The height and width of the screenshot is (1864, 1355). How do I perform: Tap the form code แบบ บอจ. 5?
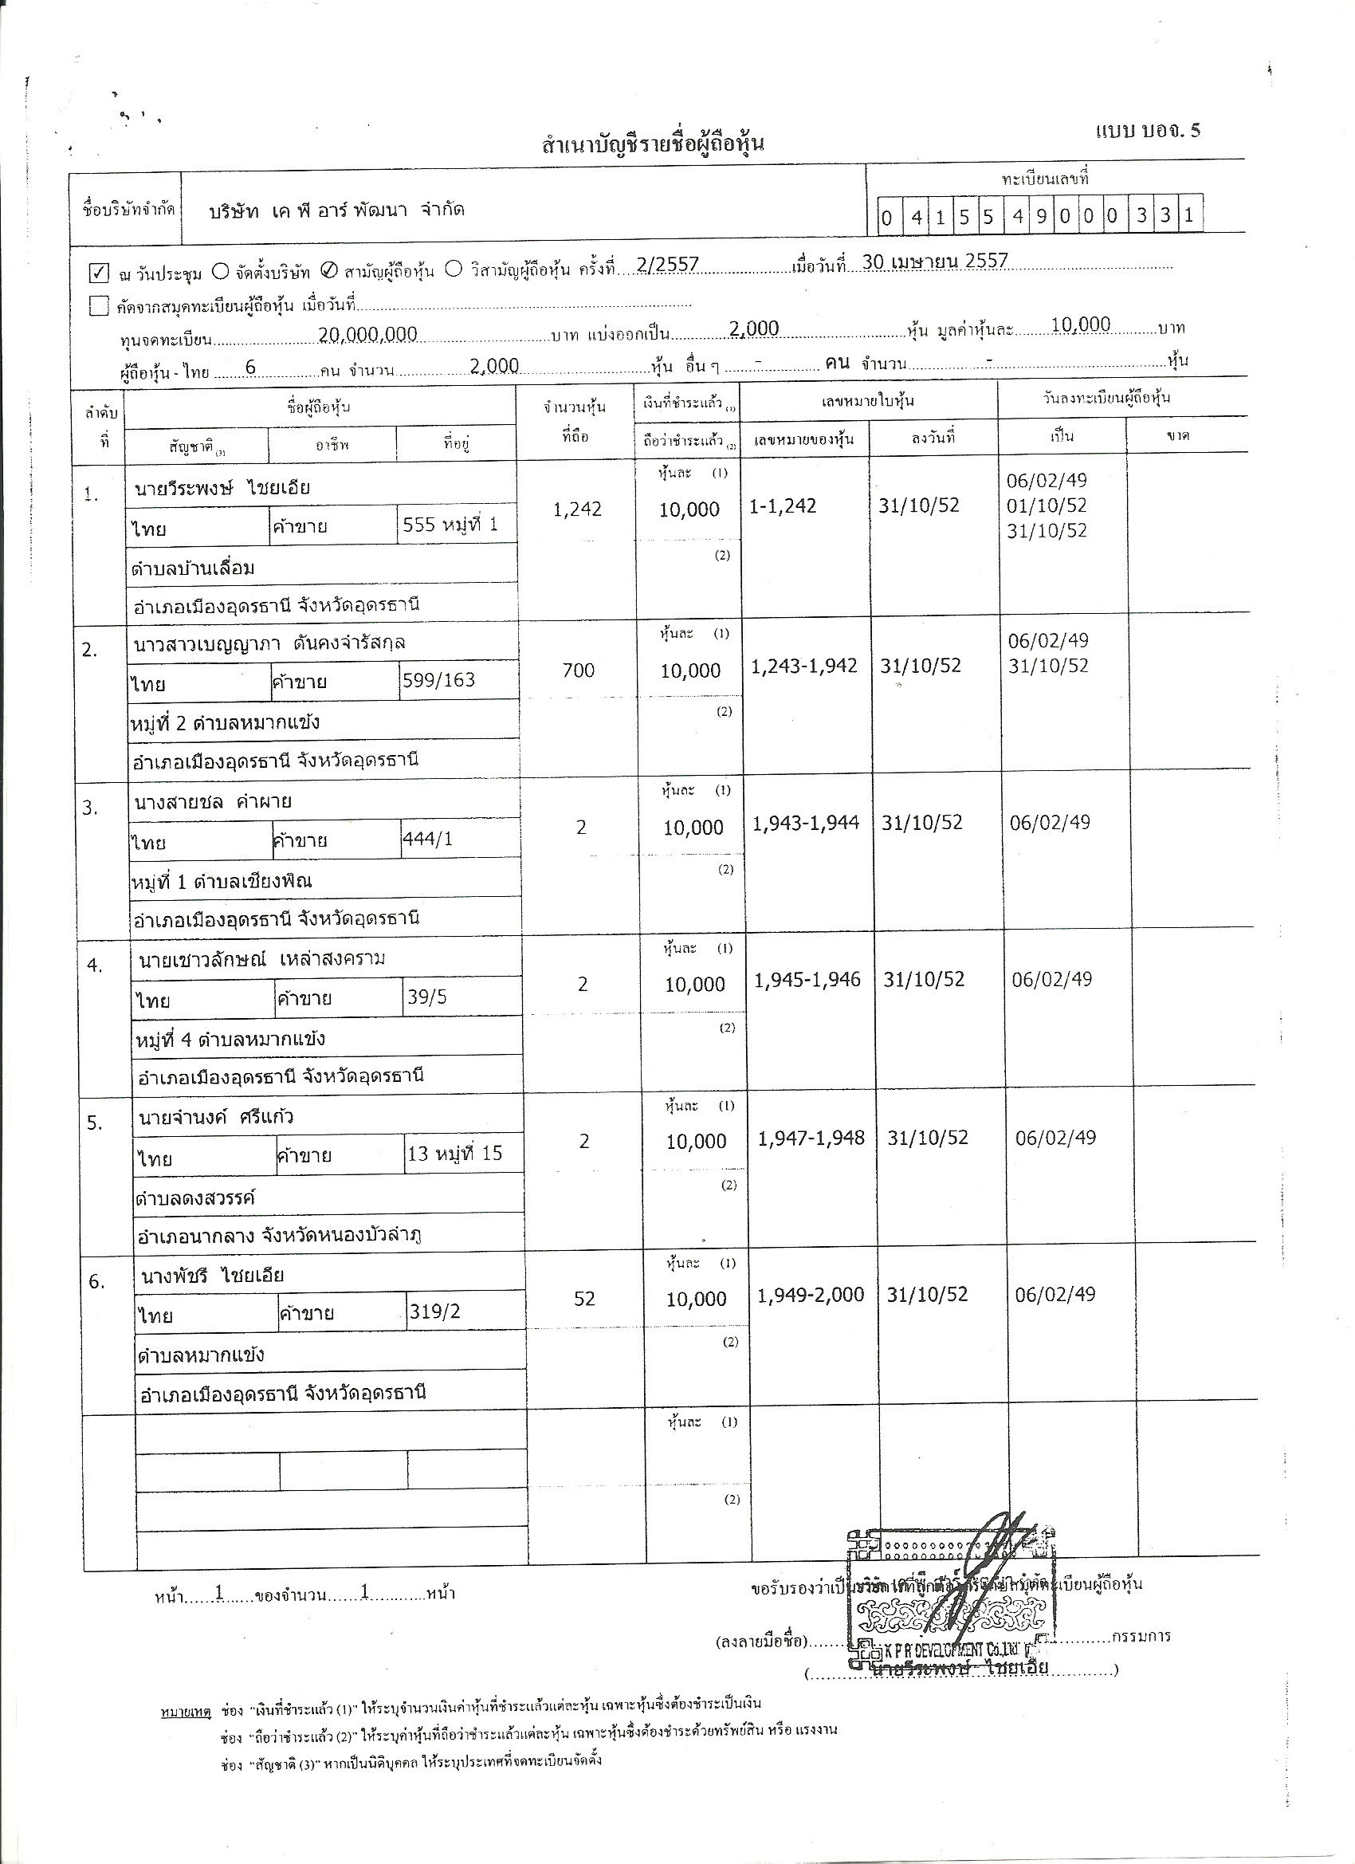tap(1147, 131)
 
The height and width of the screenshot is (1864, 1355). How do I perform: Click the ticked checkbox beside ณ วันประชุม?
tap(99, 272)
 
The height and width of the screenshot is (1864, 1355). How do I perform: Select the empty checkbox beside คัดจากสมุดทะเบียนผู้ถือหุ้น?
tap(99, 307)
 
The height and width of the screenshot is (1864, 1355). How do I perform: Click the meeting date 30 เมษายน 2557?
tap(934, 262)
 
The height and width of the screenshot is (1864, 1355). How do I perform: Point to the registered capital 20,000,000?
tap(367, 334)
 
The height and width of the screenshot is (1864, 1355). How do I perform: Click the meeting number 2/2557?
tap(667, 264)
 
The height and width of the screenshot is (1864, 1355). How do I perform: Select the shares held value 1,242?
tap(577, 509)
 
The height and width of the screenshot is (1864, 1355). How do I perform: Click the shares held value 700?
tap(578, 670)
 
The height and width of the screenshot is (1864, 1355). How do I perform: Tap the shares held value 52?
tap(583, 1299)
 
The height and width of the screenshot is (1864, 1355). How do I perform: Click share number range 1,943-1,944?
tap(805, 823)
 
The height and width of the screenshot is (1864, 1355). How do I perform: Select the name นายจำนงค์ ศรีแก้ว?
tap(216, 1117)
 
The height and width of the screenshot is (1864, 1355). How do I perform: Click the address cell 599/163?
tap(439, 681)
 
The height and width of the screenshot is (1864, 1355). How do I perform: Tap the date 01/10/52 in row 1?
tap(1046, 505)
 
